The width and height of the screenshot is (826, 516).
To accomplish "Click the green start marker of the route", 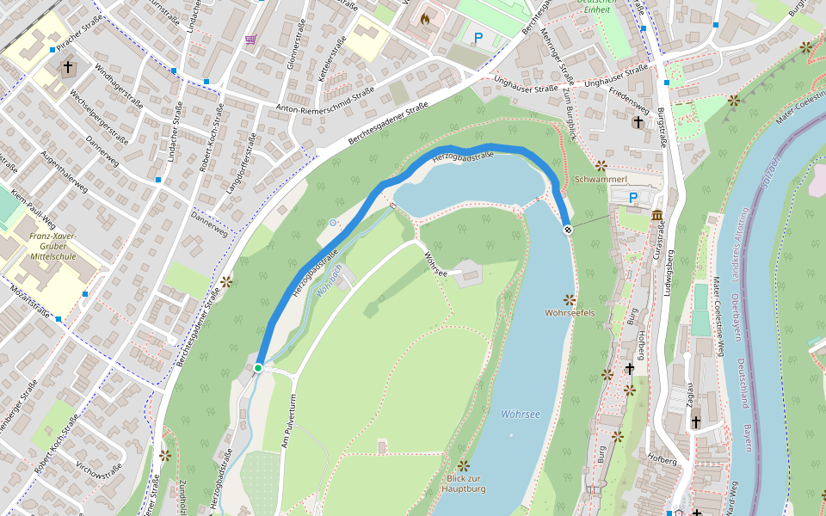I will pyautogui.click(x=258, y=368).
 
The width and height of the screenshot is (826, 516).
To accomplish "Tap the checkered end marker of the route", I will pyautogui.click(x=568, y=230).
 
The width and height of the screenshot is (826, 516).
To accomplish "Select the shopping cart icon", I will pyautogui.click(x=250, y=40).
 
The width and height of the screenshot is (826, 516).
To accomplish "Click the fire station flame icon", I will pyautogui.click(x=425, y=18).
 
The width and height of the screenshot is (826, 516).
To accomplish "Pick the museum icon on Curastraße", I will pyautogui.click(x=657, y=215).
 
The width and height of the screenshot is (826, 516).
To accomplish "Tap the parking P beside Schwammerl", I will pyautogui.click(x=633, y=199).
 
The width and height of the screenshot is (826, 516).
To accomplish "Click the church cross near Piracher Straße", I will pyautogui.click(x=68, y=66).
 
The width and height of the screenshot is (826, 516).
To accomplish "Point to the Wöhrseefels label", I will pyautogui.click(x=570, y=312).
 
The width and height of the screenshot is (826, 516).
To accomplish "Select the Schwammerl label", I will pyautogui.click(x=599, y=180).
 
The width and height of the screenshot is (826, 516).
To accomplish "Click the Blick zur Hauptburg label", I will pyautogui.click(x=464, y=483).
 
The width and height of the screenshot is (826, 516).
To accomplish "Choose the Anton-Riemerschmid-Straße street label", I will pyautogui.click(x=324, y=100).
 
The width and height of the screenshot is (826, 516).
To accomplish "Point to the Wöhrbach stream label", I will pyautogui.click(x=328, y=280).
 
